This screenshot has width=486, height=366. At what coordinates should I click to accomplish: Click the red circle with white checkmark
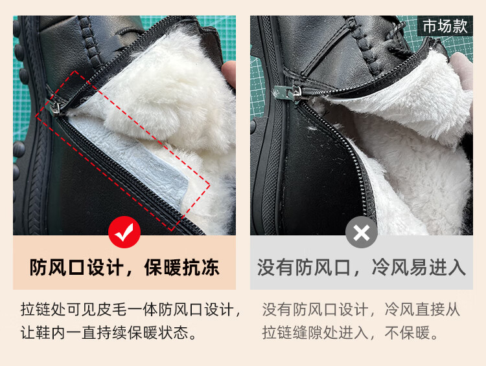click(124, 232)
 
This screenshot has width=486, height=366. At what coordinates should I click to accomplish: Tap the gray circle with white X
click(362, 232)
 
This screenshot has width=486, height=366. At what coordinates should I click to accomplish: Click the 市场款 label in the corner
click(445, 26)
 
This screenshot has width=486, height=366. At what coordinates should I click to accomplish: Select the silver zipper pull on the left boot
click(56, 107)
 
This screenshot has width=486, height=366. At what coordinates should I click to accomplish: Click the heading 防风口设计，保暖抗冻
click(124, 267)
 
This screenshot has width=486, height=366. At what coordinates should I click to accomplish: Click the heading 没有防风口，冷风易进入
click(362, 267)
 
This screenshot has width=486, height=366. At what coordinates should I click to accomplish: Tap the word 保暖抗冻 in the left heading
click(182, 267)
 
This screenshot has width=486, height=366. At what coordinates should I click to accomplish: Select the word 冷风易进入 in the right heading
click(419, 267)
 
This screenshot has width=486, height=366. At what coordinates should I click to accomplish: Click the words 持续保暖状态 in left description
click(142, 333)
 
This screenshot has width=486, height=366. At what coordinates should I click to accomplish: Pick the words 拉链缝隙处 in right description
click(300, 333)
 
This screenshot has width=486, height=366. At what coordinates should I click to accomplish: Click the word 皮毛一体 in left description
click(127, 309)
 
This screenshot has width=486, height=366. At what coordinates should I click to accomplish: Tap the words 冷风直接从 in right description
click(422, 309)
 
